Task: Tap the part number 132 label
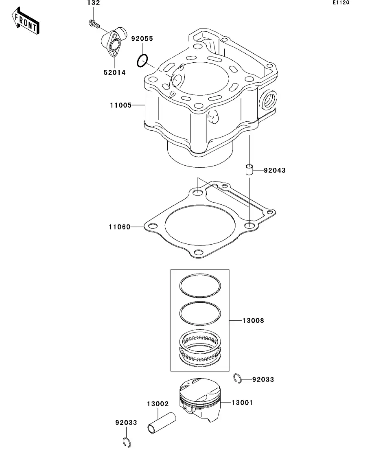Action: [x=94, y=3]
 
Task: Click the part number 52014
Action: [x=114, y=73]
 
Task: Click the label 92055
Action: [x=142, y=39]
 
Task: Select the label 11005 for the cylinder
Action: [x=121, y=105]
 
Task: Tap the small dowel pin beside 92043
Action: [x=249, y=169]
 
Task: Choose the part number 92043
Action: [x=275, y=171]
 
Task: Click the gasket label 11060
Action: [x=120, y=227]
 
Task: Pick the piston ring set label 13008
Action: [x=253, y=321]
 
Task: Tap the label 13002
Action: [x=158, y=404]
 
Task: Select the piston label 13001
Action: [x=242, y=403]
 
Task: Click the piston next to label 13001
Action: [x=201, y=400]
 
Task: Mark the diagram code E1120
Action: [x=341, y=2]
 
